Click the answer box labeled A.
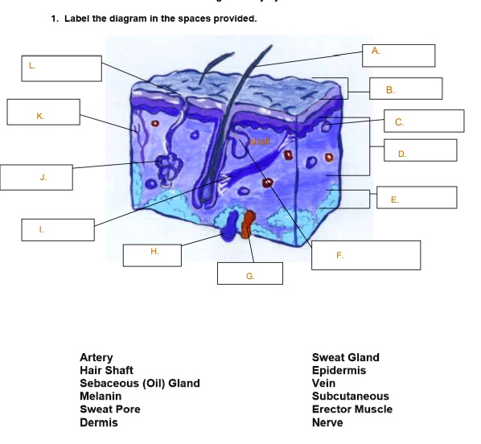click(x=398, y=55)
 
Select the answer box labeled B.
click(x=405, y=88)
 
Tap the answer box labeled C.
click(x=423, y=121)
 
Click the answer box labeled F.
click(x=366, y=255)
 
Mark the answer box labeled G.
click(x=250, y=273)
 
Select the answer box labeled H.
click(x=151, y=255)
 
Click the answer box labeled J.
click(x=37, y=177)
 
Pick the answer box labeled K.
click(x=43, y=112)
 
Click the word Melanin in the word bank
click(x=101, y=397)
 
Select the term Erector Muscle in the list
click(x=351, y=409)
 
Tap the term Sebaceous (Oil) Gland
click(x=139, y=384)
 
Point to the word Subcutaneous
click(x=350, y=397)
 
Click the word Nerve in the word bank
click(x=327, y=422)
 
